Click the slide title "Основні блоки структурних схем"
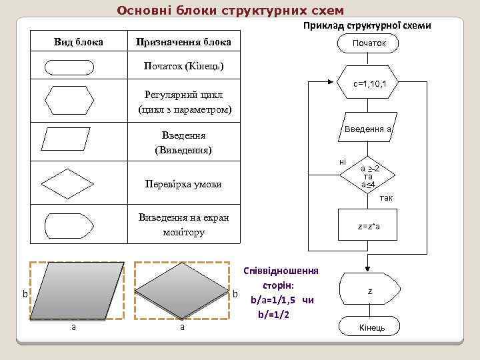tap(230, 11)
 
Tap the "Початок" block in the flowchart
tap(369, 44)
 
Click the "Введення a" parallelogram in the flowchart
tap(367, 129)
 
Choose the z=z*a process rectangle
tap(369, 227)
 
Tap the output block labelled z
tap(369, 291)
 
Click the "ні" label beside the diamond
tap(343, 162)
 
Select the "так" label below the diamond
tap(385, 198)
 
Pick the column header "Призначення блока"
tap(183, 42)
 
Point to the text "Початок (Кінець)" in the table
tap(183, 67)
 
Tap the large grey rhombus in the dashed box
tap(183, 291)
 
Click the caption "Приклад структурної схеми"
tap(367, 26)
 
